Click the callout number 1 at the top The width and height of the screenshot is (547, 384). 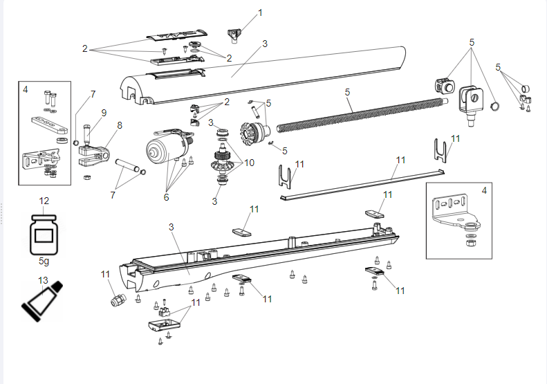pyautogui.click(x=260, y=12)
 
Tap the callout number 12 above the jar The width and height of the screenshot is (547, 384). pyautogui.click(x=44, y=201)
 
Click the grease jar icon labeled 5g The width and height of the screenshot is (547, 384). pyautogui.click(x=44, y=233)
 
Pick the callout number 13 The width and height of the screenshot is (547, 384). pyautogui.click(x=44, y=280)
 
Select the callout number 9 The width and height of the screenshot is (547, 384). pyautogui.click(x=104, y=112)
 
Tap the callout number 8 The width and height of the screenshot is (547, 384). pyautogui.click(x=120, y=125)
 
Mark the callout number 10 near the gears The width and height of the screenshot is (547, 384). pyautogui.click(x=248, y=163)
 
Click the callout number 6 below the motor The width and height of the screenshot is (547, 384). pyautogui.click(x=166, y=197)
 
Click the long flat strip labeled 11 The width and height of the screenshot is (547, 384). pyautogui.click(x=360, y=182)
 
